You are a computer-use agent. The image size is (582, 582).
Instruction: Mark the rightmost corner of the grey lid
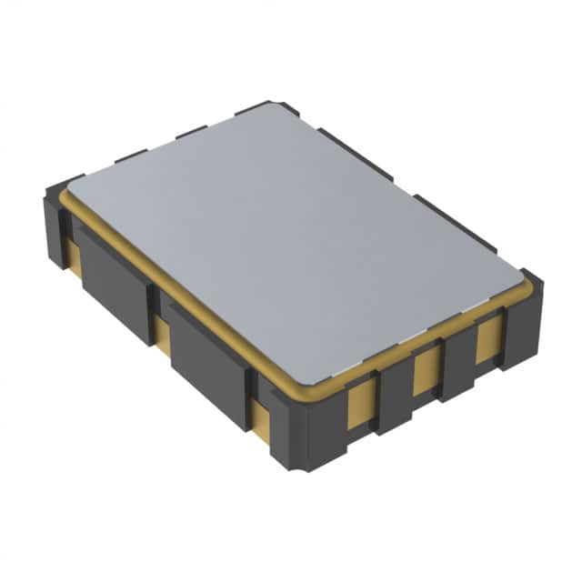pyautogui.click(x=522, y=272)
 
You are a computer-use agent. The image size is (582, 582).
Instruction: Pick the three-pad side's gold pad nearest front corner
pyautogui.click(x=361, y=401)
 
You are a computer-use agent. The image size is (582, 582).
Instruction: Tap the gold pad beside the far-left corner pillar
pyautogui.click(x=75, y=258)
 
